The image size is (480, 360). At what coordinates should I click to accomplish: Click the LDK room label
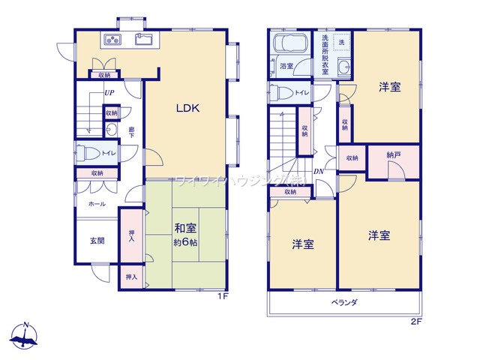pyautogui.click(x=187, y=108)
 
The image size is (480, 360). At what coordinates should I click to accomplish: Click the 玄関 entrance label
pyautogui.click(x=97, y=241)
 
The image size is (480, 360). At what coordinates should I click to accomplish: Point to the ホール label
pyautogui.click(x=97, y=204)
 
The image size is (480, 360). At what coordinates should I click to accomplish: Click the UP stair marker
pyautogui.click(x=109, y=93)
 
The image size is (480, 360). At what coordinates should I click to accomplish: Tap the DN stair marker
pyautogui.click(x=318, y=170)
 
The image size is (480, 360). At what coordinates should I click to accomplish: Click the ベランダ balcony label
pyautogui.click(x=344, y=302)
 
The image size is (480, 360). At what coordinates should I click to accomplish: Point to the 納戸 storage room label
pyautogui.click(x=393, y=154)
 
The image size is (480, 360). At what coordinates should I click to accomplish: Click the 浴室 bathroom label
pyautogui.click(x=286, y=66)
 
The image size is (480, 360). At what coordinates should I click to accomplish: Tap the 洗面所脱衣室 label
pyautogui.click(x=325, y=51)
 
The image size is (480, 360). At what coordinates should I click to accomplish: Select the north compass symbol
pyautogui.click(x=27, y=335)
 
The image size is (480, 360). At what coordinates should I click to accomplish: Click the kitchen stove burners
pyautogui.click(x=112, y=40)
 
